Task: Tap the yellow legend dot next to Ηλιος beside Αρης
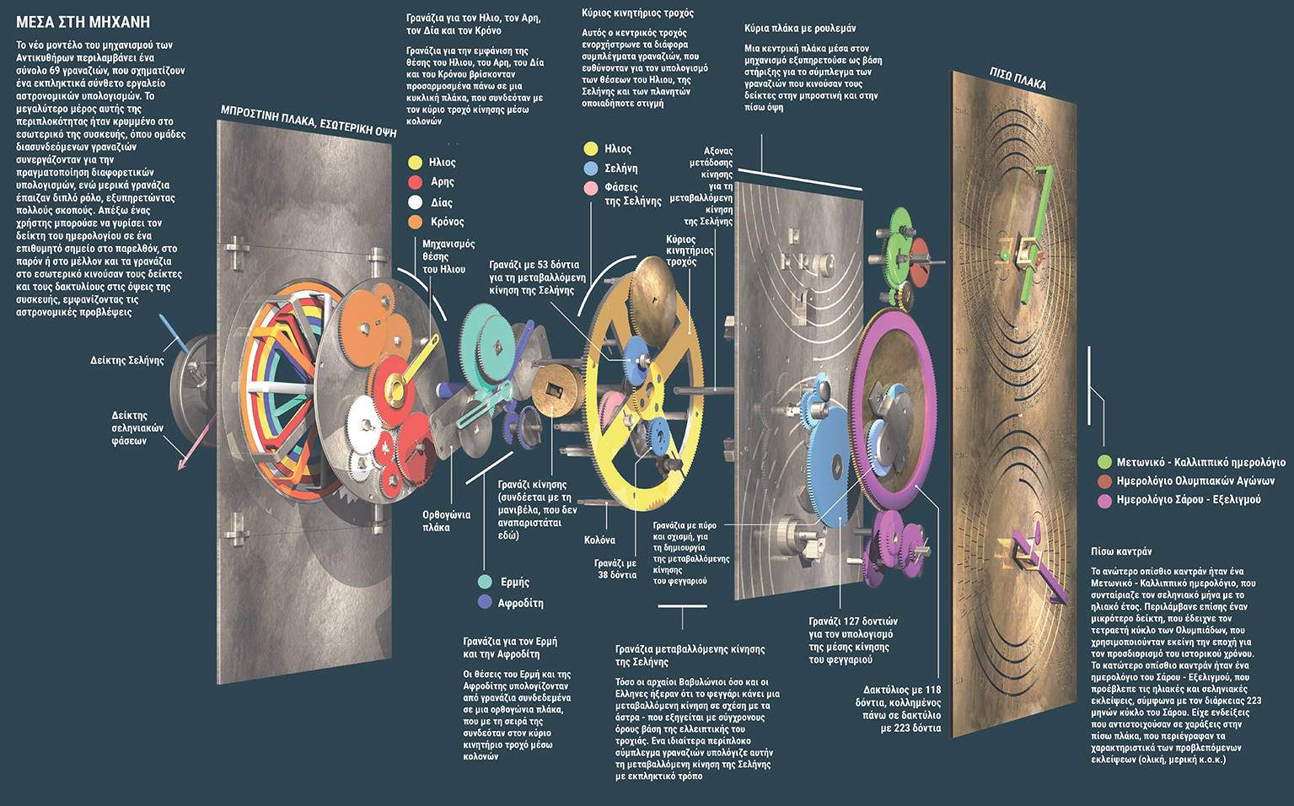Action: point(415,163)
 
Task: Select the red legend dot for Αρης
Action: point(415,182)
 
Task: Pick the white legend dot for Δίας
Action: point(415,202)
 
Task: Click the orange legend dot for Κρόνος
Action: point(415,222)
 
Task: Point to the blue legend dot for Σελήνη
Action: point(591,169)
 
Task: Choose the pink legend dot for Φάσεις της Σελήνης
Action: point(591,188)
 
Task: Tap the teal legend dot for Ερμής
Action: point(485,582)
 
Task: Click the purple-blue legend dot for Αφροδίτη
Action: point(485,602)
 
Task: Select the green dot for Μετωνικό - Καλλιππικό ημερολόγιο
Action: point(1104,462)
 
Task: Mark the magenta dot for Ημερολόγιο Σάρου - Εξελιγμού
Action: point(1104,500)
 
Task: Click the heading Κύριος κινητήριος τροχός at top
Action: point(637,13)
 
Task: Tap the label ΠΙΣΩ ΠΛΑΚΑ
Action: point(1017,79)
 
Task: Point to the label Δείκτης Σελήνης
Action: point(127,361)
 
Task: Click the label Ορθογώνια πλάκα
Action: point(446,521)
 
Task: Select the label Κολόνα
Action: point(599,540)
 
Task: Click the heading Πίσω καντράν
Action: point(1121,551)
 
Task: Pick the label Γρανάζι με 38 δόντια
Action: point(615,569)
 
